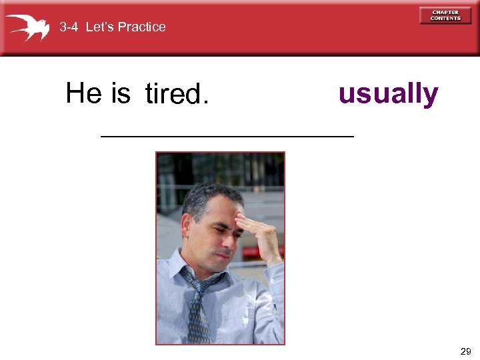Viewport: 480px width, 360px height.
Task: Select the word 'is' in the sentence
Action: (121, 93)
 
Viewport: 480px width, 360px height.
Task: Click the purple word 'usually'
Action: (388, 94)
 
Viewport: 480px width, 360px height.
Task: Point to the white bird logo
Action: (28, 27)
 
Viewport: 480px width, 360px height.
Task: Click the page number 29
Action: (465, 351)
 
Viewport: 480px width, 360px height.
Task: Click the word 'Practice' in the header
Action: (141, 27)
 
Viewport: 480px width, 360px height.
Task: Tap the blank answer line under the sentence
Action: (227, 135)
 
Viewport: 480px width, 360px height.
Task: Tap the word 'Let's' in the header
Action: (101, 27)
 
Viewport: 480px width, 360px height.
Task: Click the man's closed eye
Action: (219, 227)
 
